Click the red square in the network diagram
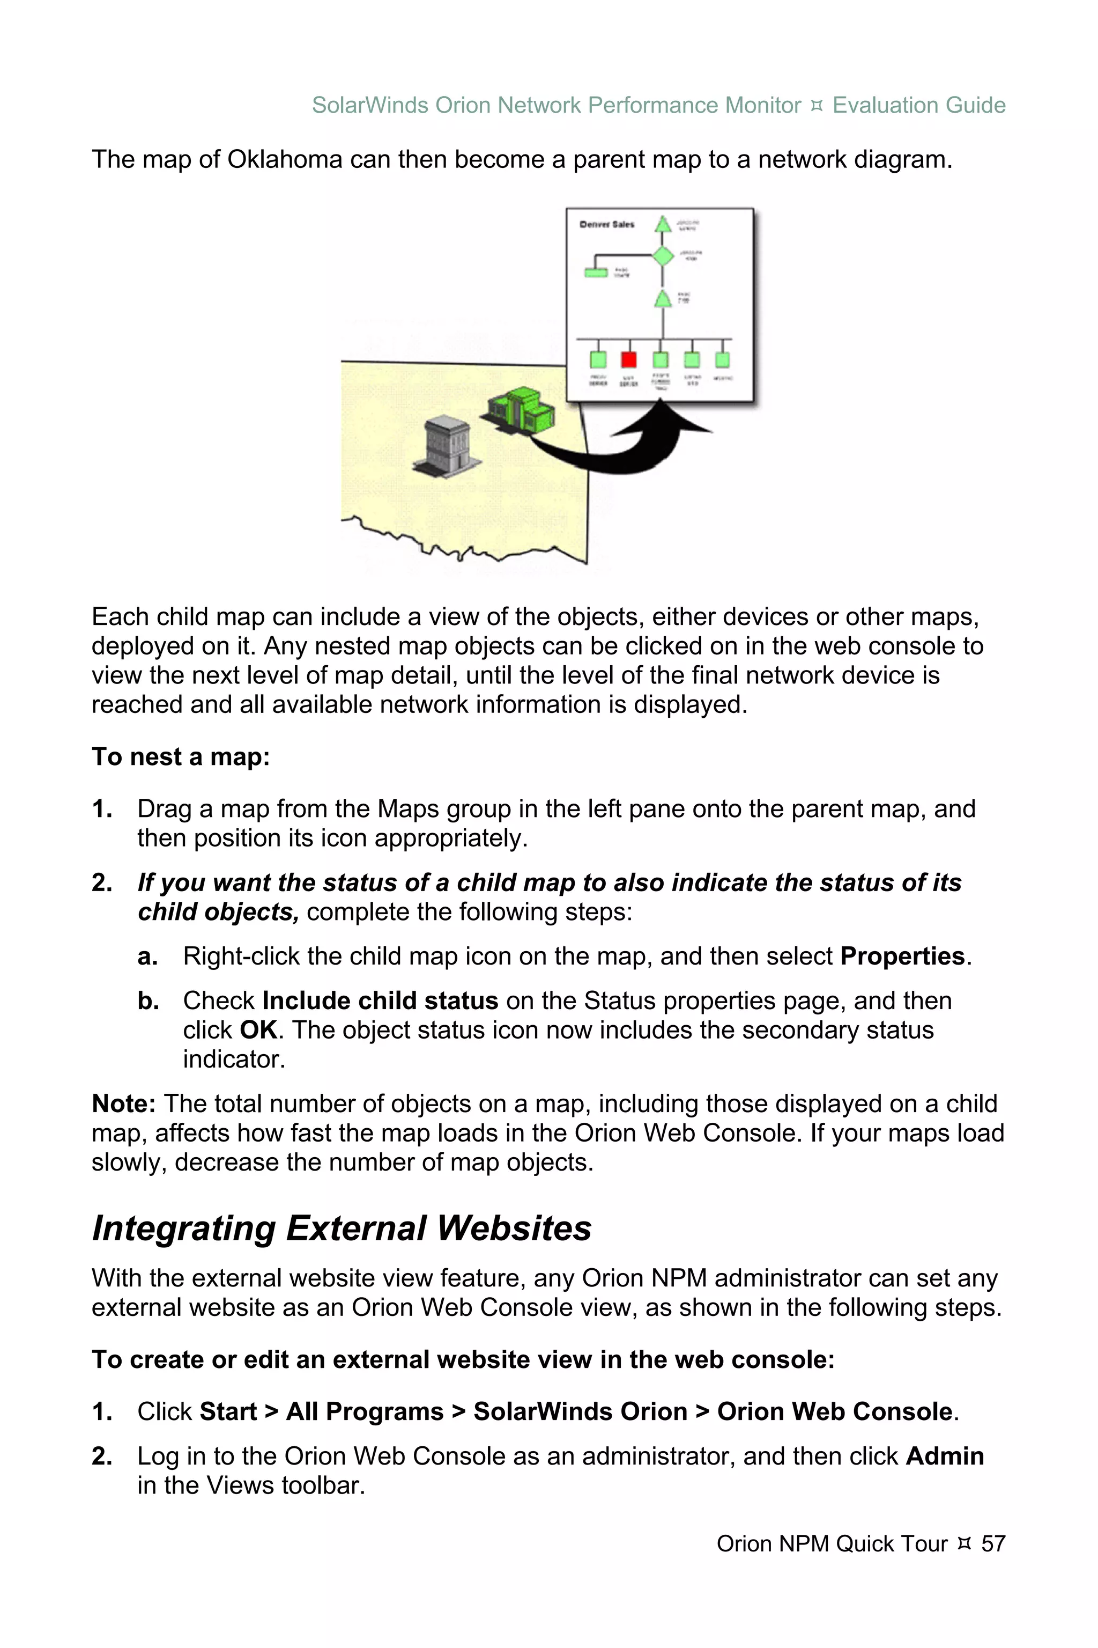click(629, 359)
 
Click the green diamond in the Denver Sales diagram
click(663, 256)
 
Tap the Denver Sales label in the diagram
click(606, 224)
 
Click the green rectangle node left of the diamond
click(596, 272)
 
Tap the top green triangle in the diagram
click(663, 225)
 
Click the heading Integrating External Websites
click(341, 1228)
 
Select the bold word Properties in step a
click(902, 957)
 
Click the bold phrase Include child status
click(380, 1000)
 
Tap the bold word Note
click(123, 1103)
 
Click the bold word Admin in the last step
click(945, 1456)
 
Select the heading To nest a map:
click(181, 757)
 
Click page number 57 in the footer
click(993, 1543)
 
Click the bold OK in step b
click(258, 1030)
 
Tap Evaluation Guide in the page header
click(919, 105)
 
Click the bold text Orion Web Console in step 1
click(835, 1411)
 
